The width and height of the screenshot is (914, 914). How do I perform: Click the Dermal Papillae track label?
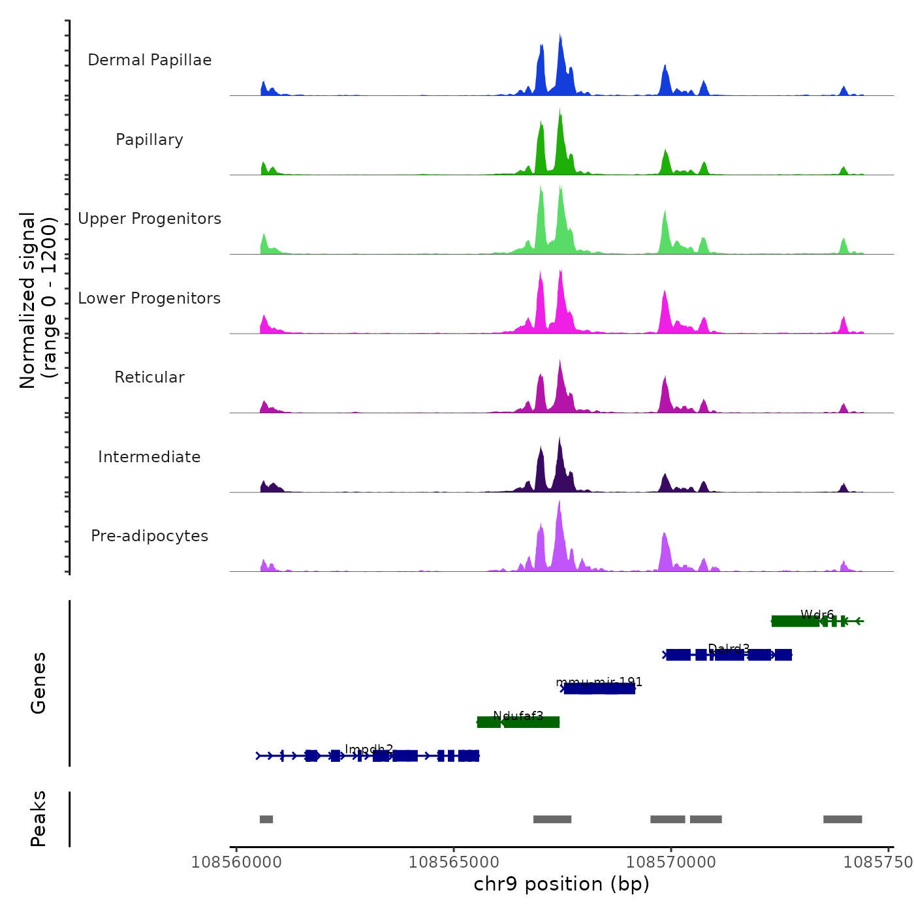pyautogui.click(x=150, y=60)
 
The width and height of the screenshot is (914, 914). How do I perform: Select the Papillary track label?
pyautogui.click(x=150, y=140)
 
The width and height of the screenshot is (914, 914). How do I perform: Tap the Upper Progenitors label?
pyautogui.click(x=150, y=219)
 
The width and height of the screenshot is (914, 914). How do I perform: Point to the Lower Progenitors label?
pyautogui.click(x=150, y=298)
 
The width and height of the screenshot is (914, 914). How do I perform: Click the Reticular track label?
pyautogui.click(x=150, y=377)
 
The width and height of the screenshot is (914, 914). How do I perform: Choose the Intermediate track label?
pyautogui.click(x=150, y=457)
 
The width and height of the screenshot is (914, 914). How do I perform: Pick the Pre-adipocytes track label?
pyautogui.click(x=150, y=536)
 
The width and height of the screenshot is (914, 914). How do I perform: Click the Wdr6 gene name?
pyautogui.click(x=817, y=614)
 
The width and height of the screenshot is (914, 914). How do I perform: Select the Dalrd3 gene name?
pyautogui.click(x=729, y=648)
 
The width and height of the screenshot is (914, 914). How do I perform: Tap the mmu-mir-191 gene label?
pyautogui.click(x=599, y=682)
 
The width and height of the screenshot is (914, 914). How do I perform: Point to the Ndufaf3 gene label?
pyautogui.click(x=518, y=716)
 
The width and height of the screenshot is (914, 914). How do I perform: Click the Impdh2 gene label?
pyautogui.click(x=369, y=749)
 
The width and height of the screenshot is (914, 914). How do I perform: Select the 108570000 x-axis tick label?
pyautogui.click(x=671, y=862)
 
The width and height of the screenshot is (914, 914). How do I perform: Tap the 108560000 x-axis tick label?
pyautogui.click(x=236, y=862)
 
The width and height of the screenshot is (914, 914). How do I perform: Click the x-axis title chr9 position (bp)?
pyautogui.click(x=561, y=884)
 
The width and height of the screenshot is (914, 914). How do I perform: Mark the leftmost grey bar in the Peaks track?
pyautogui.click(x=266, y=819)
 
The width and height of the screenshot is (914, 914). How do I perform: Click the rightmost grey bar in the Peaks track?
pyautogui.click(x=842, y=819)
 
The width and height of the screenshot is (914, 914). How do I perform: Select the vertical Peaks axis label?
pyautogui.click(x=39, y=819)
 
